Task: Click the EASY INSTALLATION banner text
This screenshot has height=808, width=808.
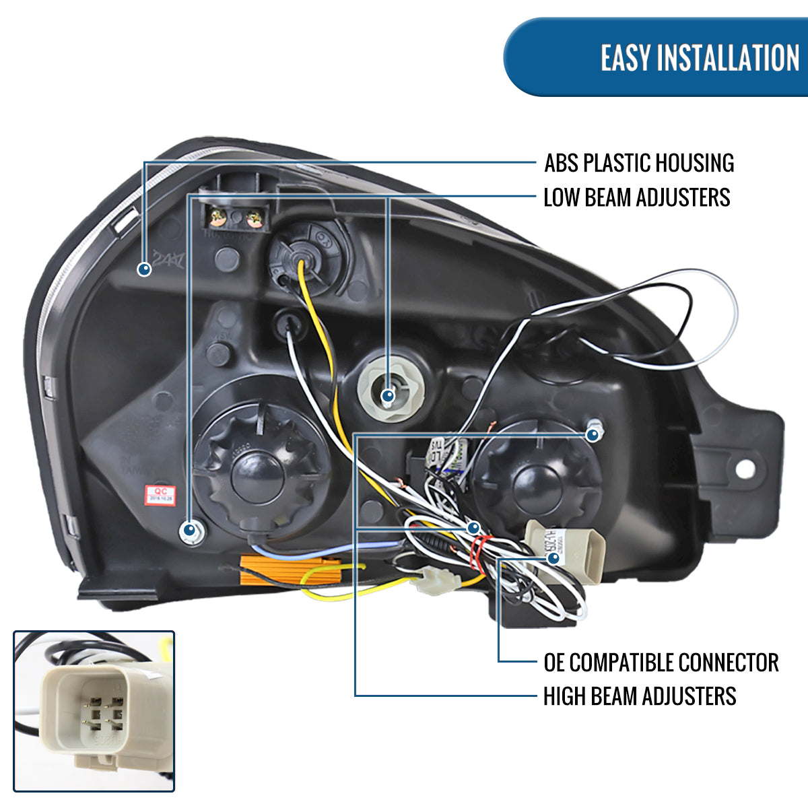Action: [x=700, y=58]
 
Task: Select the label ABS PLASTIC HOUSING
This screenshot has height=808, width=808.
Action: [x=639, y=163]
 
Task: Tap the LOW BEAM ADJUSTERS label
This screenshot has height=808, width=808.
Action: [x=636, y=197]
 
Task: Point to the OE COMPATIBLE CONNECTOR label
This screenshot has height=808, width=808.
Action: [x=661, y=662]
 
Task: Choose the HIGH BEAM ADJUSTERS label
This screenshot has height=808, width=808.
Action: [x=640, y=696]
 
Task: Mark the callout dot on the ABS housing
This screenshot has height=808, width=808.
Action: [x=144, y=269]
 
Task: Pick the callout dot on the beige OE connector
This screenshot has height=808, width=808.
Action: [x=553, y=558]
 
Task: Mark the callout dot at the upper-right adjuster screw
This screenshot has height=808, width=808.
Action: [x=593, y=435]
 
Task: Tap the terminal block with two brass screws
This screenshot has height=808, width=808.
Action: [x=236, y=217]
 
